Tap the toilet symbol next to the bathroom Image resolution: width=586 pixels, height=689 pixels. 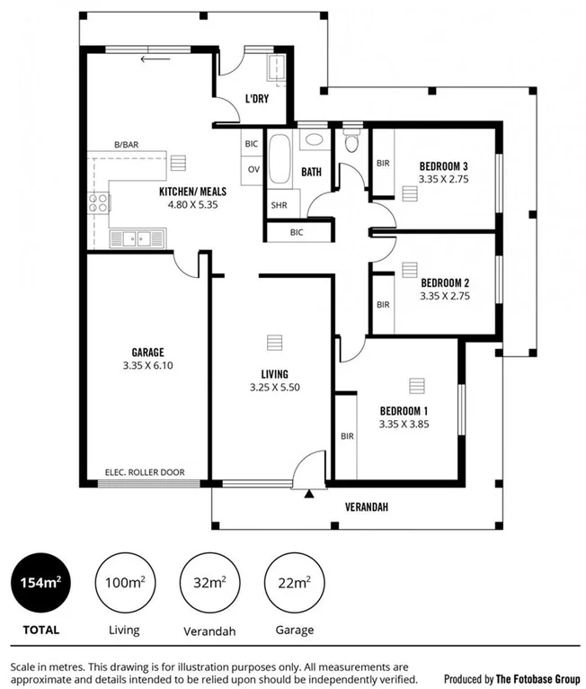351,142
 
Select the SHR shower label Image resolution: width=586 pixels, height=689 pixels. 279,205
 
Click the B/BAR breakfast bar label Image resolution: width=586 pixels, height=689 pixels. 125,146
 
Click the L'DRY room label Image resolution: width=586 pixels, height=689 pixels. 257,99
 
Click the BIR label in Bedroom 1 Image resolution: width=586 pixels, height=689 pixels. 347,436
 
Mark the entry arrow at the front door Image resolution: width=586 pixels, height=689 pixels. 310,493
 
